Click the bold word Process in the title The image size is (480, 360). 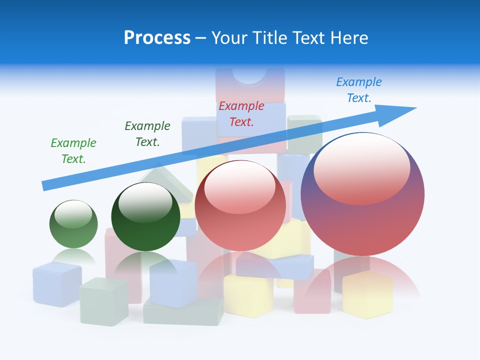tap(157, 38)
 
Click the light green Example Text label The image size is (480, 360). tap(73, 151)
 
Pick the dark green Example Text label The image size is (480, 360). tap(147, 134)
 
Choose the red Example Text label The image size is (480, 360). tap(241, 114)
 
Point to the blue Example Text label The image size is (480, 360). tap(359, 90)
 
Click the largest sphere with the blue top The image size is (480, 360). tap(362, 200)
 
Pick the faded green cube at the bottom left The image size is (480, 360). tap(103, 301)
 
